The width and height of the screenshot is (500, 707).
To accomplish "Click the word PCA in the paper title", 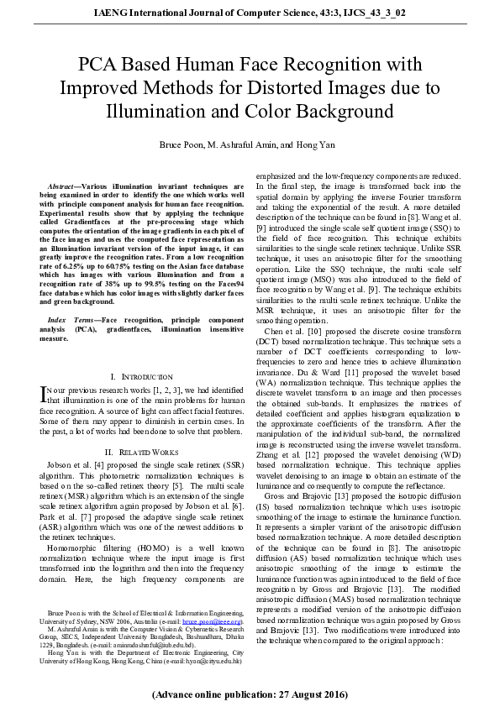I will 98,65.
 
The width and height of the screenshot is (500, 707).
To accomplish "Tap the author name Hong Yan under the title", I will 319,145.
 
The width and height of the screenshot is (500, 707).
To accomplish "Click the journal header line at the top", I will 250,13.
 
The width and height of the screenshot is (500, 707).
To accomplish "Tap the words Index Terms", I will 67,321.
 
